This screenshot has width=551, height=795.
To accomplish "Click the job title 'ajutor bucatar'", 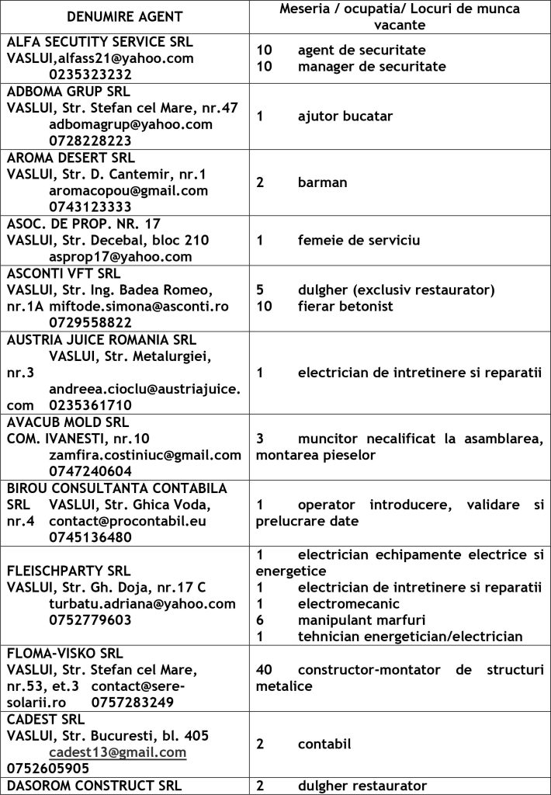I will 345,116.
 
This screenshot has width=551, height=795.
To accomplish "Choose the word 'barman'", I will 322,182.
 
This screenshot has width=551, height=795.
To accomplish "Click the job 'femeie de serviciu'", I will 359,240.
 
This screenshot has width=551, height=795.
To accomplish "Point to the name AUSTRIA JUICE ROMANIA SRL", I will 102,339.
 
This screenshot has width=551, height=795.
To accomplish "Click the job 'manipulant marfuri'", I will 362,620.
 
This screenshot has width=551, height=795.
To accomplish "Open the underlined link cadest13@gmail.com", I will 117,752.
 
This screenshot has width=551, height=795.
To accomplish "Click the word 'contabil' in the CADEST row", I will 324,744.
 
